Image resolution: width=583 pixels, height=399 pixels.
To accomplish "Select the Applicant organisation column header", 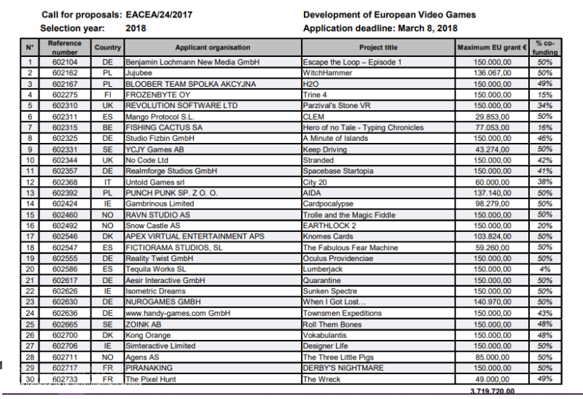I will pos(212,48).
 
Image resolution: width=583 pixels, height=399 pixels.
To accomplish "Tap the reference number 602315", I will pos(64,128).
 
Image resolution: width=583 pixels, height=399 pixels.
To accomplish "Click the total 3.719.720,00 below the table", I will pos(492,392).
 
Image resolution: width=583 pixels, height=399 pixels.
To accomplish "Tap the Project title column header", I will pos(377,48).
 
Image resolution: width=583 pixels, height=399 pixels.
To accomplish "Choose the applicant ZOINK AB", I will pos(143,325).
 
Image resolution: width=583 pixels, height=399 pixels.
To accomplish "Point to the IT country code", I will pos(108,182).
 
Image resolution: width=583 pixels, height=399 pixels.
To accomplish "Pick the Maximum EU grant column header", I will pos(492,48).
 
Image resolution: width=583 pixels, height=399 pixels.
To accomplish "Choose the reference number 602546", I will pos(64,237).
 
